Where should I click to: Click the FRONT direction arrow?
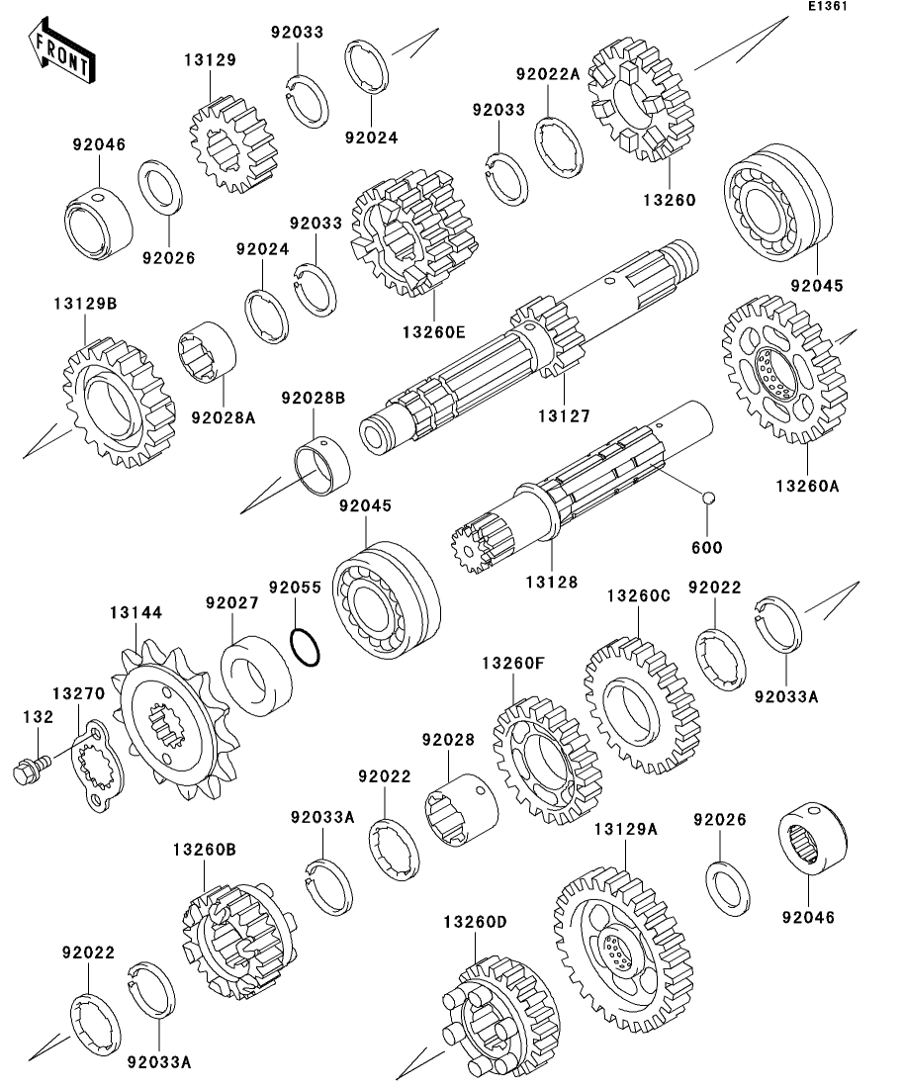[x=60, y=56]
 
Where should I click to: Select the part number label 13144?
[x=135, y=613]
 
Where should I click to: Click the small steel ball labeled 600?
[x=709, y=497]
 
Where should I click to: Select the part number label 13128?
[x=550, y=583]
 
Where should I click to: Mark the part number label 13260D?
[x=475, y=922]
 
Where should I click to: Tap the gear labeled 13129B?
[x=108, y=401]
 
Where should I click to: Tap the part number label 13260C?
[x=638, y=595]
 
